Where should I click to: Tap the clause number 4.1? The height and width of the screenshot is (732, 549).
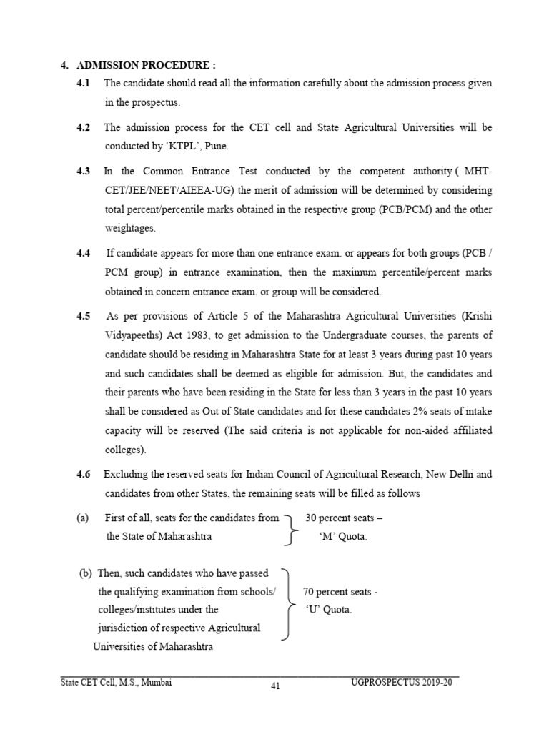point(83,84)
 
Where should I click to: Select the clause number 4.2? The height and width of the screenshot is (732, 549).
point(83,127)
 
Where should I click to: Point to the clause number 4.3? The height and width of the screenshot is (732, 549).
point(83,171)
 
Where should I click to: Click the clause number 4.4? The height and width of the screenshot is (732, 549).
point(83,253)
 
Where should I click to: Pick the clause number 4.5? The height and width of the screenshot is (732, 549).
point(83,315)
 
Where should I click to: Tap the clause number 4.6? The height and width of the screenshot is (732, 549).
point(83,474)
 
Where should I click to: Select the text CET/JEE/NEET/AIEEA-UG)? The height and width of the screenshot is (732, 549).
point(164,191)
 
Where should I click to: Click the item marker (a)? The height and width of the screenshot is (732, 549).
point(82,518)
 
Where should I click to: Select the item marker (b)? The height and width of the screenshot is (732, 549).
point(86,573)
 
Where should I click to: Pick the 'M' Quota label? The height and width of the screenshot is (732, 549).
point(343,536)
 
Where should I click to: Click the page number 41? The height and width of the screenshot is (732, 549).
point(275,687)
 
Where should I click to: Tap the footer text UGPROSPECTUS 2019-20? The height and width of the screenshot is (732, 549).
point(402,683)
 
